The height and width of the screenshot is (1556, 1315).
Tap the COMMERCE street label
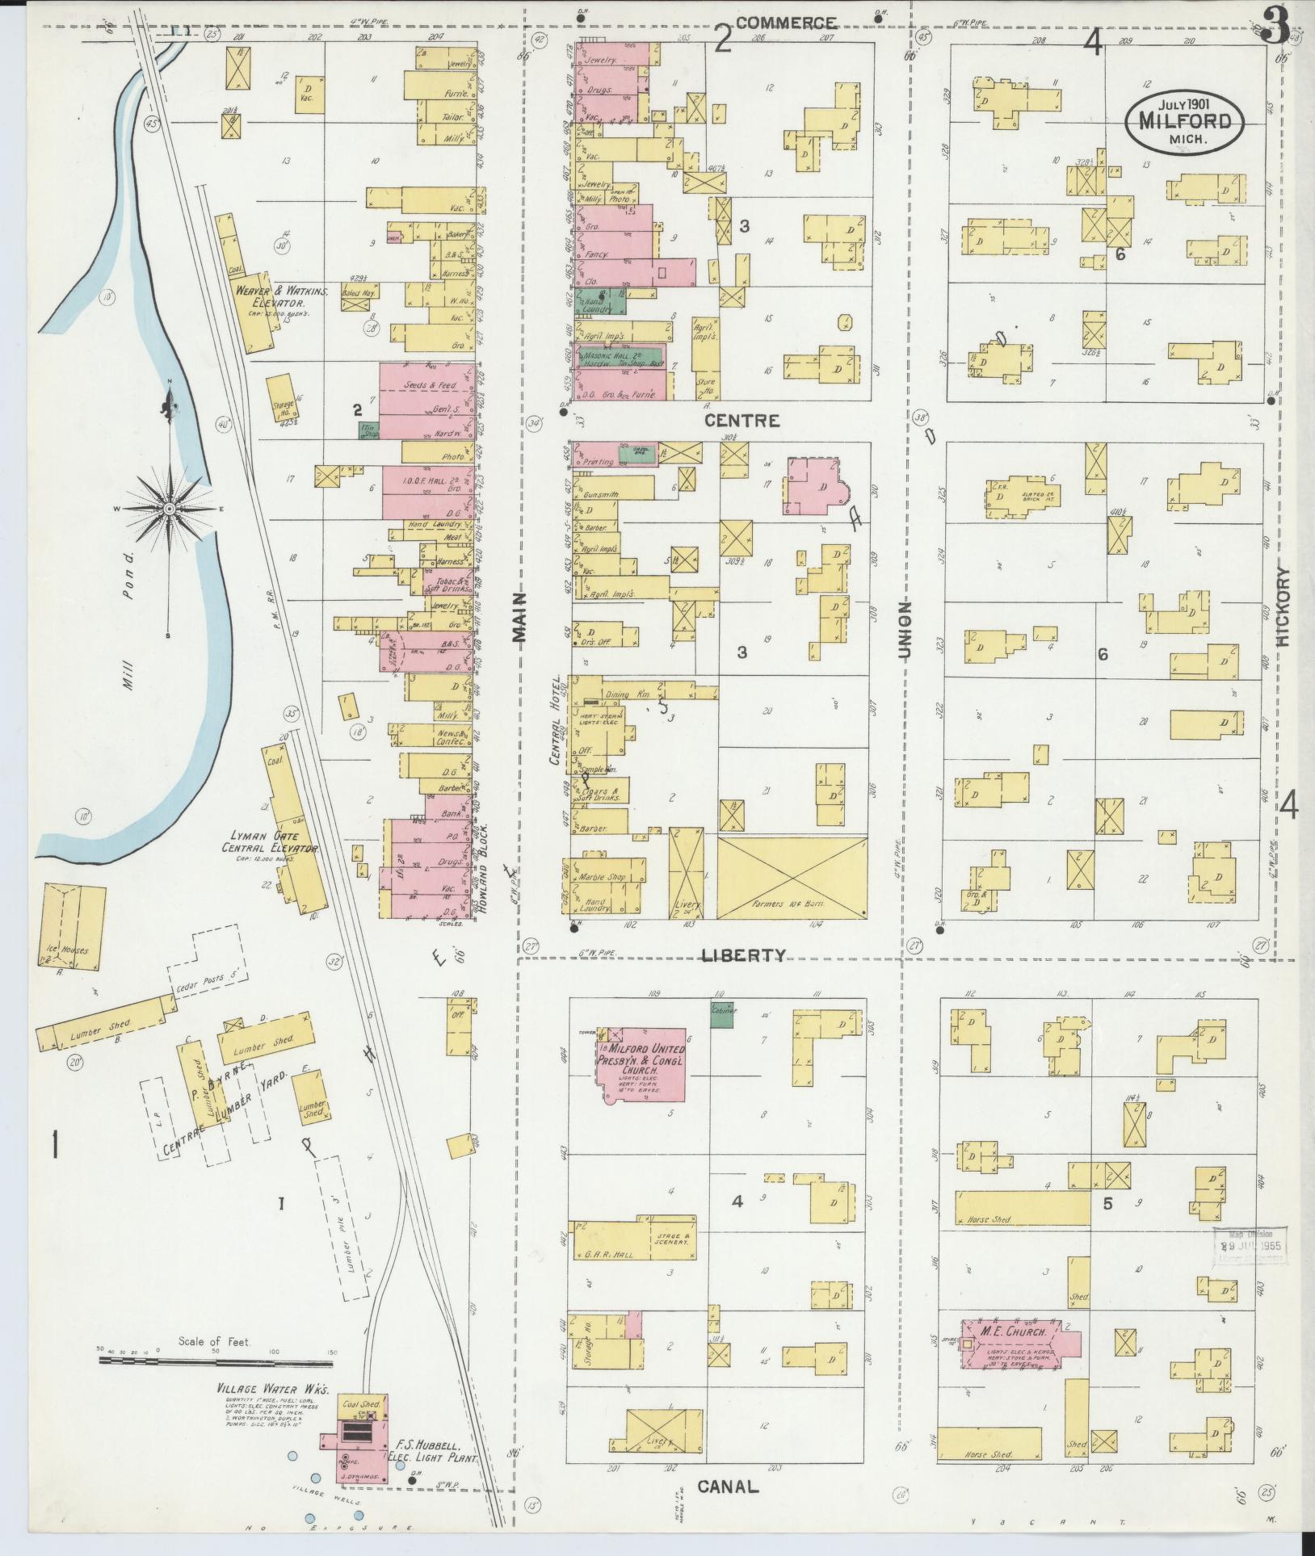(785, 23)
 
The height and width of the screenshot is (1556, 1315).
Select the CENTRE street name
(742, 421)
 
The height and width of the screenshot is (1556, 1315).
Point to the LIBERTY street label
(742, 955)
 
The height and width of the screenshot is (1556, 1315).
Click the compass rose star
(170, 510)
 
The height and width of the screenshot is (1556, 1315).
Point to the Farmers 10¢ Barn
(792, 877)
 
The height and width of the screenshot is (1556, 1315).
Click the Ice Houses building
(71, 925)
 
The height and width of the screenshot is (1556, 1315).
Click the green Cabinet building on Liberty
(721, 1016)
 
